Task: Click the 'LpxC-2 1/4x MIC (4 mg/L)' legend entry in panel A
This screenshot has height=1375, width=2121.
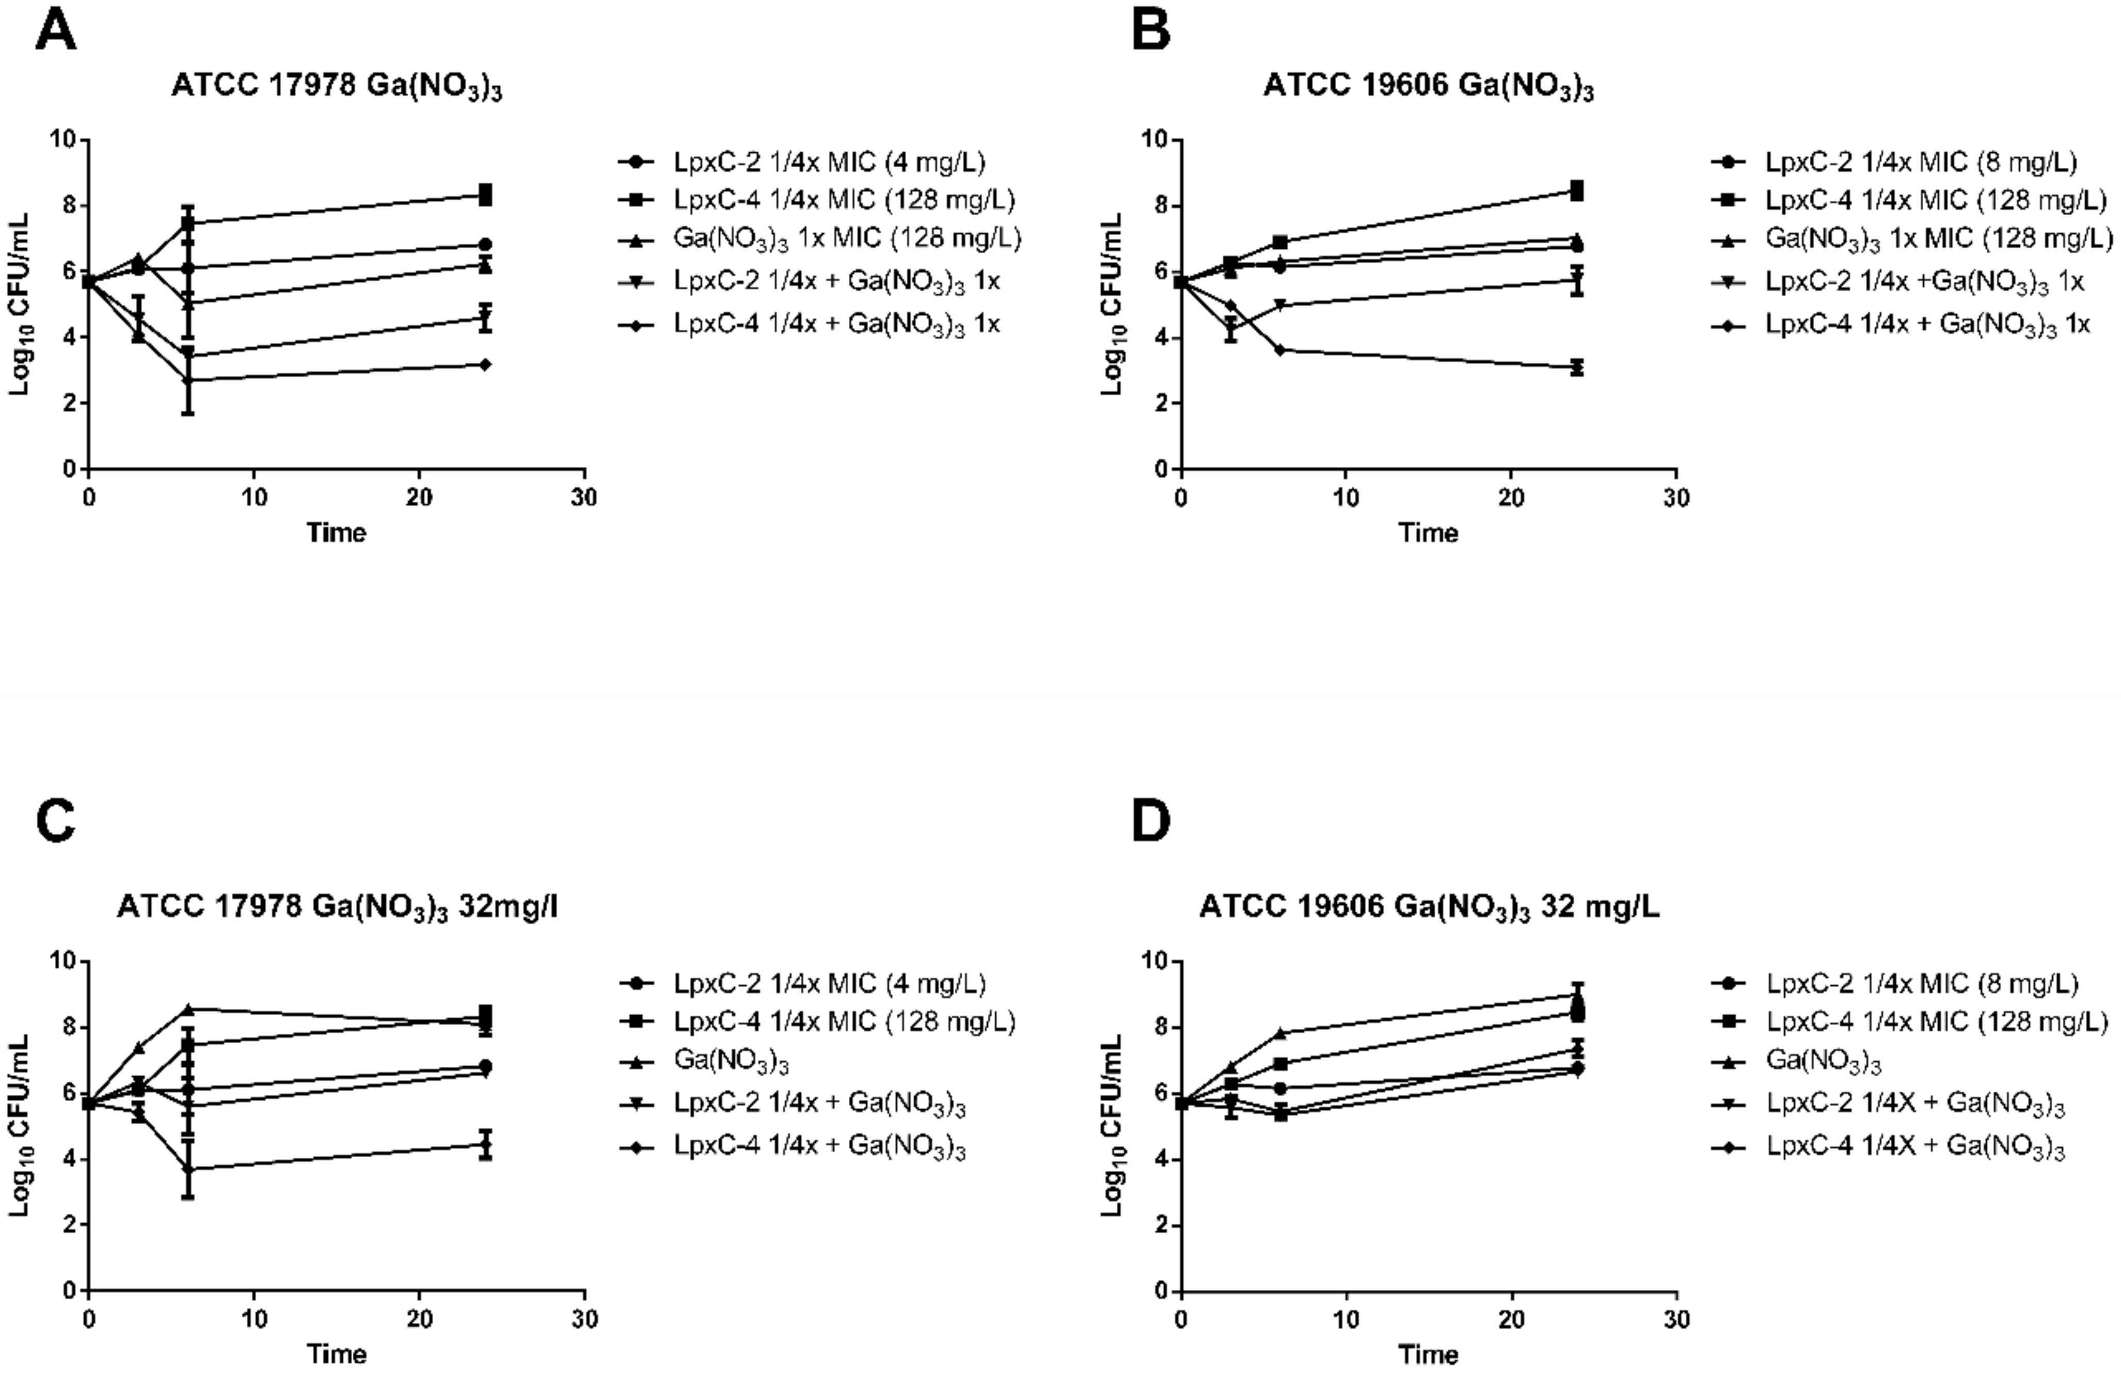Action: [x=829, y=162]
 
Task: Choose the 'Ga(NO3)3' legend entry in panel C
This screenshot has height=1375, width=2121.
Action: [x=731, y=1061]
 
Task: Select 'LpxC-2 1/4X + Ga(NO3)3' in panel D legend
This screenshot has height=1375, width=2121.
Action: [x=1916, y=1105]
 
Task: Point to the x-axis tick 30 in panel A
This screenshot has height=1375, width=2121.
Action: [x=584, y=497]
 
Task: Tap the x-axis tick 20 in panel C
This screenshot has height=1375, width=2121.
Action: [x=420, y=1319]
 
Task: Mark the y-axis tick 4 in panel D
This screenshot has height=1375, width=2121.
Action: [x=1161, y=1159]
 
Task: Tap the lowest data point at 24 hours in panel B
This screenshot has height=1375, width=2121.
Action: [x=1577, y=367]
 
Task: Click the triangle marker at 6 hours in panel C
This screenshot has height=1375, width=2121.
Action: [x=188, y=1009]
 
